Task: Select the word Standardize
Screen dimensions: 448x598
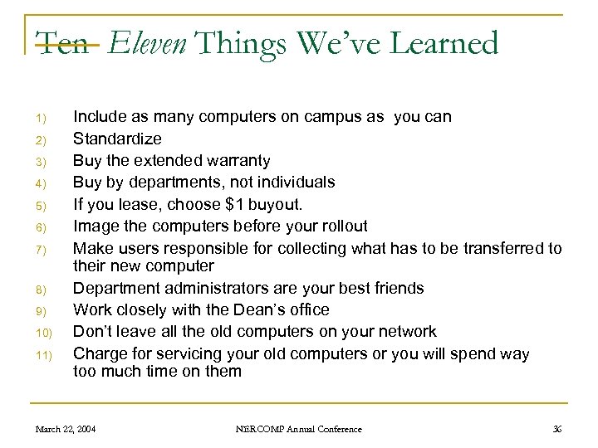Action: (x=117, y=139)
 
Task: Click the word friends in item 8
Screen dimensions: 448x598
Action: (x=396, y=288)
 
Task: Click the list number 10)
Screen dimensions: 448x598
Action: (x=46, y=334)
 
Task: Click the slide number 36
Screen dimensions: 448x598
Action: (x=556, y=429)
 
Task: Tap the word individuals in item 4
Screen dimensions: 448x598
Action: (x=297, y=182)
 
